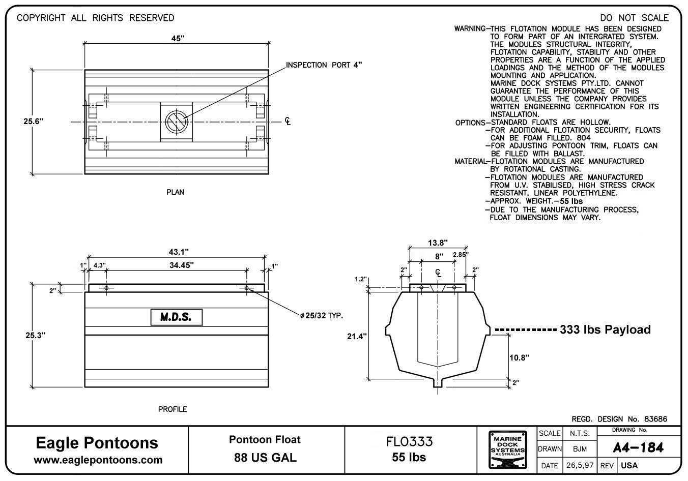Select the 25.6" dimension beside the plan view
pos(34,121)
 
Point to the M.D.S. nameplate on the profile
pos(176,317)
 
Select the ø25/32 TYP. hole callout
pos(321,316)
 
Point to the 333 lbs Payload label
pos(605,329)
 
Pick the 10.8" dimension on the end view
pos(519,357)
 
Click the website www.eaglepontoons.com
pos(98,460)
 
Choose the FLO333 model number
pos(409,441)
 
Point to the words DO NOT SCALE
pos(634,18)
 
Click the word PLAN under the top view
pos(175,192)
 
